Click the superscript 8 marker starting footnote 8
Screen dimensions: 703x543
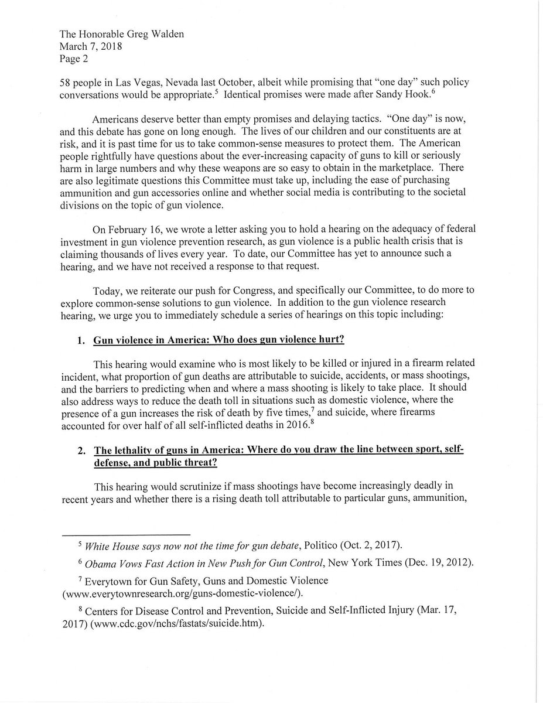81,609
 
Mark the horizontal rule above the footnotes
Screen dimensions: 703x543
126,535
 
